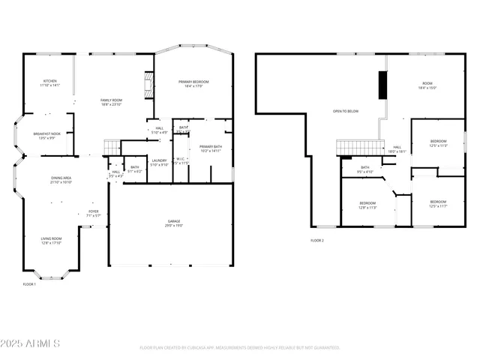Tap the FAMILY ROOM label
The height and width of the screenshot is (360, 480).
pos(112,100)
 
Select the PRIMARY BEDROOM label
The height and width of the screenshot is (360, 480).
pos(193,82)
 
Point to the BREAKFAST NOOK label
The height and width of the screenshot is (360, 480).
pos(46,134)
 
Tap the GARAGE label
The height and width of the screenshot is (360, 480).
pos(173,221)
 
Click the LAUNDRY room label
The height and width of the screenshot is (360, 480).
pos(159,160)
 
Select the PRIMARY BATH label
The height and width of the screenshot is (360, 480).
pos(211,146)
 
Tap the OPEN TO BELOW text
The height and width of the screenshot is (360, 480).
pos(345,111)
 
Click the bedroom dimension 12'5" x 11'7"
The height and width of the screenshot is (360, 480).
pos(438,205)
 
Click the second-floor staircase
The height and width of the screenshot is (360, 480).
pos(354,148)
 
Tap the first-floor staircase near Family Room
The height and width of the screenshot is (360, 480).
pos(111,146)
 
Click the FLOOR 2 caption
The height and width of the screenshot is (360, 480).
pos(317,241)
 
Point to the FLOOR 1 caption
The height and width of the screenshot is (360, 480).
pos(29,284)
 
